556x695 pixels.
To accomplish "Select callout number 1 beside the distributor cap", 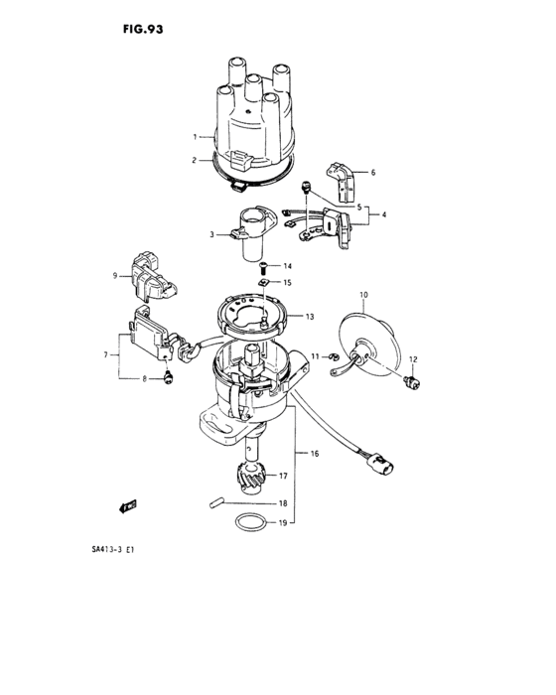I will [196, 135].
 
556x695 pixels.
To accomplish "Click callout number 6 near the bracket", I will [373, 173].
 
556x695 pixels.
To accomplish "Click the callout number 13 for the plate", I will [311, 317].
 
